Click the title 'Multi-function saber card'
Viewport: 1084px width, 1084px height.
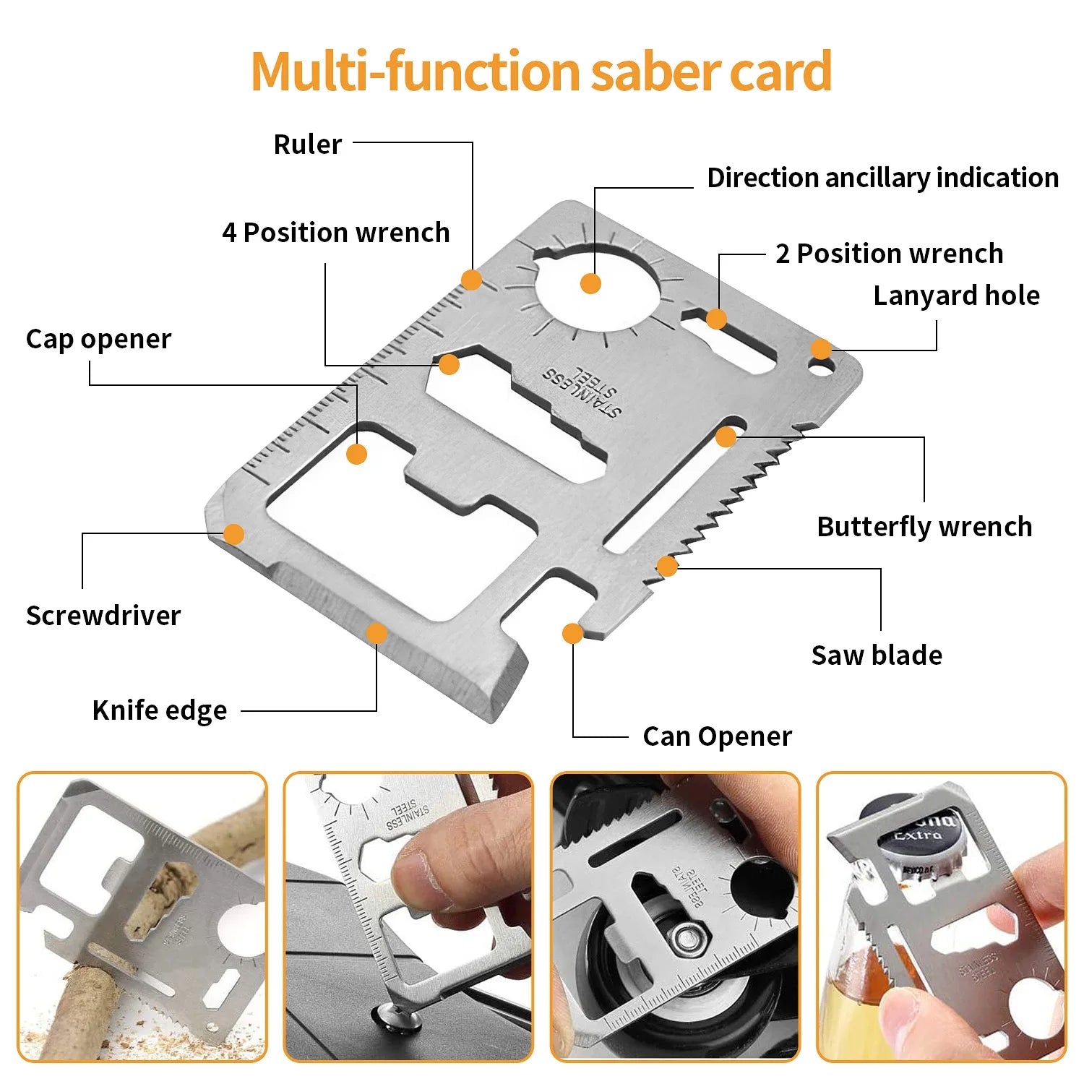click(541, 72)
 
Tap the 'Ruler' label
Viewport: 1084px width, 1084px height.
click(307, 145)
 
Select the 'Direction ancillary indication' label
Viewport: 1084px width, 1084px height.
click(882, 178)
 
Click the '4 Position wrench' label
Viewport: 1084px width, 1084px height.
click(336, 233)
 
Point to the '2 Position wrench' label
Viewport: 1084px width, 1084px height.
click(889, 254)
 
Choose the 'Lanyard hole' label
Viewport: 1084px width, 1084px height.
click(956, 296)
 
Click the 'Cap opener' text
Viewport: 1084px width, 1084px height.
click(99, 339)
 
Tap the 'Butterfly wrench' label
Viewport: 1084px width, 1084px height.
click(924, 527)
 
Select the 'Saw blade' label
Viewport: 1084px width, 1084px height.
click(877, 655)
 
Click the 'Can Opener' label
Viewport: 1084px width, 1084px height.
click(717, 736)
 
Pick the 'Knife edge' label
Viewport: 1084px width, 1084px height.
click(160, 710)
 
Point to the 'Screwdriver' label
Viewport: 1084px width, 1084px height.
click(103, 616)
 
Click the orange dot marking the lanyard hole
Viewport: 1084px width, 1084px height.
click(821, 349)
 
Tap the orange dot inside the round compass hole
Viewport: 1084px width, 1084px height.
click(590, 283)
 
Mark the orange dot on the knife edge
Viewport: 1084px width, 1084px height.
click(377, 634)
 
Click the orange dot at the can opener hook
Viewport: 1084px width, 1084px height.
click(572, 634)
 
